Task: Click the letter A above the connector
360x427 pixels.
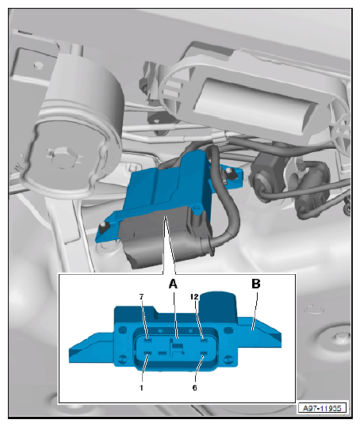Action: pos(173,284)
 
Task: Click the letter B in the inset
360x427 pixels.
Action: pos(256,284)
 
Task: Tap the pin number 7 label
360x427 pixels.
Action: pos(141,297)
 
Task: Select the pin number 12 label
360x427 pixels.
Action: pos(194,297)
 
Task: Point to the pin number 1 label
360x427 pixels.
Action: pos(141,387)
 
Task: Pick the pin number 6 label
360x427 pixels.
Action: pos(194,387)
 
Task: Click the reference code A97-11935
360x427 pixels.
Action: pos(322,408)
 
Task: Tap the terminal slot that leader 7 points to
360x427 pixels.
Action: pos(148,340)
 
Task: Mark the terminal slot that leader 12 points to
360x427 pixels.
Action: pos(204,340)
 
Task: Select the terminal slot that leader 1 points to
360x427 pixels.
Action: pos(148,354)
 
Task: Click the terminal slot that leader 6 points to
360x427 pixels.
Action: pos(204,354)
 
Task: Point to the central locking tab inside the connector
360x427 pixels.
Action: pos(175,347)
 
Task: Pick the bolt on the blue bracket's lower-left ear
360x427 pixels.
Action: pos(104,227)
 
